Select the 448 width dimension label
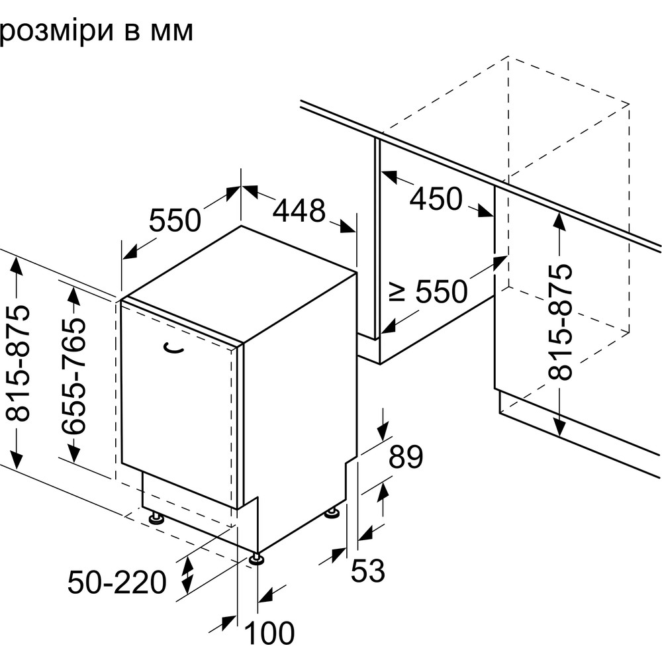pyautogui.click(x=299, y=211)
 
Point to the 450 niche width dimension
pyautogui.click(x=436, y=198)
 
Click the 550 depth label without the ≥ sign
pyautogui.click(x=174, y=220)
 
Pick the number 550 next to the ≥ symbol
pyautogui.click(x=441, y=291)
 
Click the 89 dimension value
pyautogui.click(x=405, y=457)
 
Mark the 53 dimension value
pyautogui.click(x=367, y=571)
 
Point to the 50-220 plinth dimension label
pyautogui.click(x=117, y=583)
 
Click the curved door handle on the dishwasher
pyautogui.click(x=174, y=349)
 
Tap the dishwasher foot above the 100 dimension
pyautogui.click(x=256, y=560)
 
